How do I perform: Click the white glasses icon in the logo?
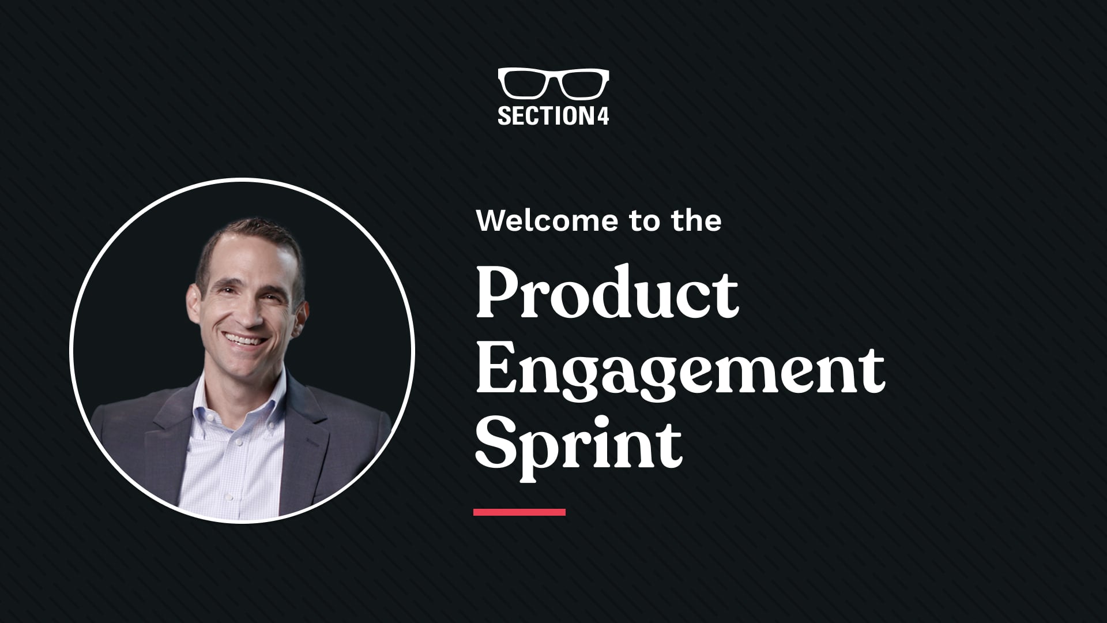click(553, 84)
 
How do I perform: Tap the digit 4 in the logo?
click(603, 115)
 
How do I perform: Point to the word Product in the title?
click(607, 294)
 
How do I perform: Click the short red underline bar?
click(519, 512)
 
